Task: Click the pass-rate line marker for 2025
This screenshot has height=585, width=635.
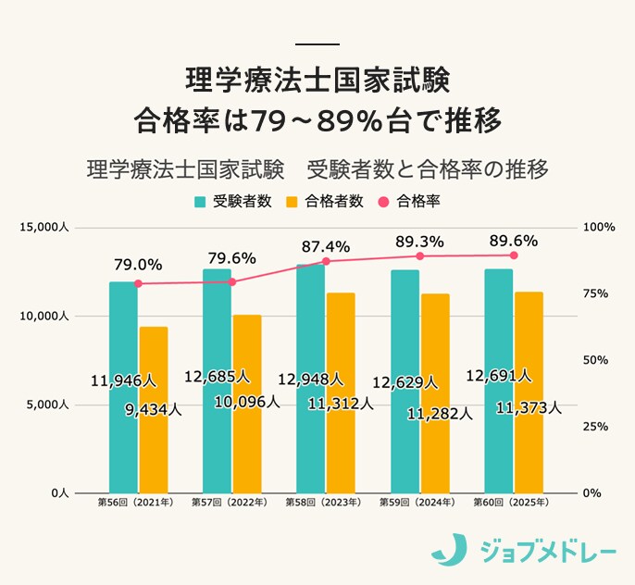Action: pos(514,255)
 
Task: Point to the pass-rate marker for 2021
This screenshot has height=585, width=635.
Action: pos(138,283)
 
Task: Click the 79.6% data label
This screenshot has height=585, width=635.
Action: pos(231,258)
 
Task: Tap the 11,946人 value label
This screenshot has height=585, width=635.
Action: pos(124,380)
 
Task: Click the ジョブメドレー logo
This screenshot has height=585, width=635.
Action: pos(522,550)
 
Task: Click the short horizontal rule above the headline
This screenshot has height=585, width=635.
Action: pos(317,44)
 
